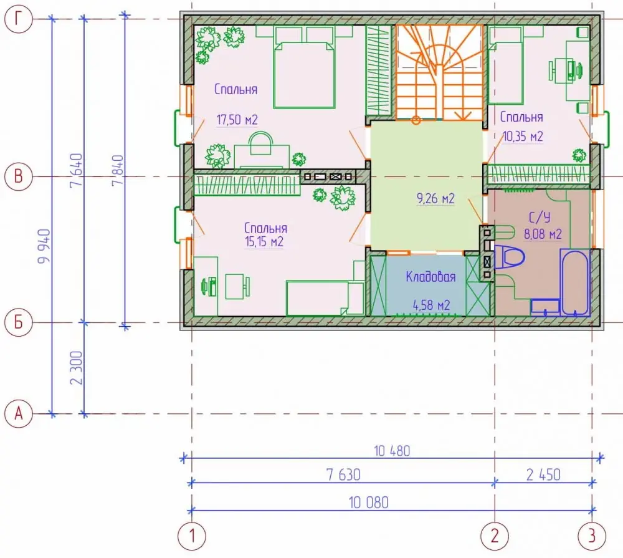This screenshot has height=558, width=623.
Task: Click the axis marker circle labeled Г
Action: pyautogui.click(x=18, y=19)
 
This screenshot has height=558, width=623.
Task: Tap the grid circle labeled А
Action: pyautogui.click(x=18, y=413)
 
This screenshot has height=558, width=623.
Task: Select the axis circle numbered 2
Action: pyautogui.click(x=495, y=536)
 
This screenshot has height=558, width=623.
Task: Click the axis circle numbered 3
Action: pyautogui.click(x=592, y=536)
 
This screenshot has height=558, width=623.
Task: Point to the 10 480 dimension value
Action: pyautogui.click(x=392, y=451)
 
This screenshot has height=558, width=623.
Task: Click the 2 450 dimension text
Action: pyautogui.click(x=543, y=474)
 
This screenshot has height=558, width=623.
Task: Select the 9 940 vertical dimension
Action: pyautogui.click(x=44, y=246)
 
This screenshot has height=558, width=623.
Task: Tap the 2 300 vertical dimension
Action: pyautogui.click(x=76, y=367)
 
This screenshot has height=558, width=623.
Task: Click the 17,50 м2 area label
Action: pyautogui.click(x=237, y=119)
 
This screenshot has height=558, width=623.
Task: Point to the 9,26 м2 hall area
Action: pyautogui.click(x=435, y=198)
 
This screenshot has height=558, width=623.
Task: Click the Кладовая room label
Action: pyautogui.click(x=430, y=276)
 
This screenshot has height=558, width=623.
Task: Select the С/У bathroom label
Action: pyautogui.click(x=539, y=217)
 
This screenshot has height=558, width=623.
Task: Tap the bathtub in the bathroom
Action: pyautogui.click(x=574, y=282)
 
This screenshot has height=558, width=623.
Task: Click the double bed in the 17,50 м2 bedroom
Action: pyautogui.click(x=305, y=67)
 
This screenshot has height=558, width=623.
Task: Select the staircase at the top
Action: pyautogui.click(x=439, y=72)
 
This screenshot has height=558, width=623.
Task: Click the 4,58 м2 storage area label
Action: pyautogui.click(x=431, y=305)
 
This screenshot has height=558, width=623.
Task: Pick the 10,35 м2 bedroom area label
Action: pyautogui.click(x=523, y=137)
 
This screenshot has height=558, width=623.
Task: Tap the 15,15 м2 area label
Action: pyautogui.click(x=264, y=241)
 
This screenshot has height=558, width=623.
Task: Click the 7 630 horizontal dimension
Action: pyautogui.click(x=343, y=474)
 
